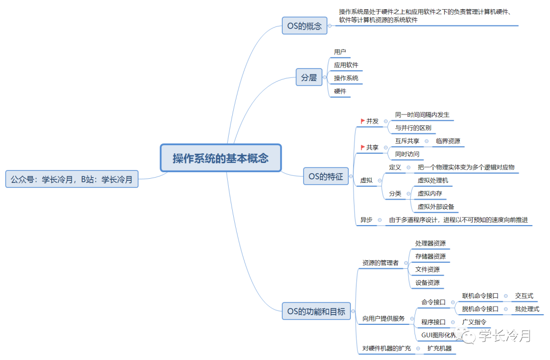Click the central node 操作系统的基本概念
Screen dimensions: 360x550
221,158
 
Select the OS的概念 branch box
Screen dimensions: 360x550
305,26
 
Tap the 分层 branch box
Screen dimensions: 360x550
309,77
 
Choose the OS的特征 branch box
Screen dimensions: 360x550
325,177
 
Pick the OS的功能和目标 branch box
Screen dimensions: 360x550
316,311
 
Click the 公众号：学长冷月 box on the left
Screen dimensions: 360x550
72,179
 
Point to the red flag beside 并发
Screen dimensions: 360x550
363,121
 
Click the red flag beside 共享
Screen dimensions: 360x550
363,147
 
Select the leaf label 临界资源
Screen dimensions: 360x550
448,141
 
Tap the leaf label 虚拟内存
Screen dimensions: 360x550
430,193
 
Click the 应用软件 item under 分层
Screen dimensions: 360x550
346,65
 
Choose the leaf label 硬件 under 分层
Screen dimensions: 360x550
340,91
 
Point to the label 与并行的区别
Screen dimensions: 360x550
413,128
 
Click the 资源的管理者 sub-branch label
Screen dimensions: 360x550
380,263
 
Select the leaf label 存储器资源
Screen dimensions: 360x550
430,256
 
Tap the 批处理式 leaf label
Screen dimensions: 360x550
527,309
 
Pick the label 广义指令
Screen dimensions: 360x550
474,322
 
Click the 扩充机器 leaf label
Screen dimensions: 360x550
439,349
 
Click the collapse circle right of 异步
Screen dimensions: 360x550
380,220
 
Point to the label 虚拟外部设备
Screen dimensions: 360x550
436,207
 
